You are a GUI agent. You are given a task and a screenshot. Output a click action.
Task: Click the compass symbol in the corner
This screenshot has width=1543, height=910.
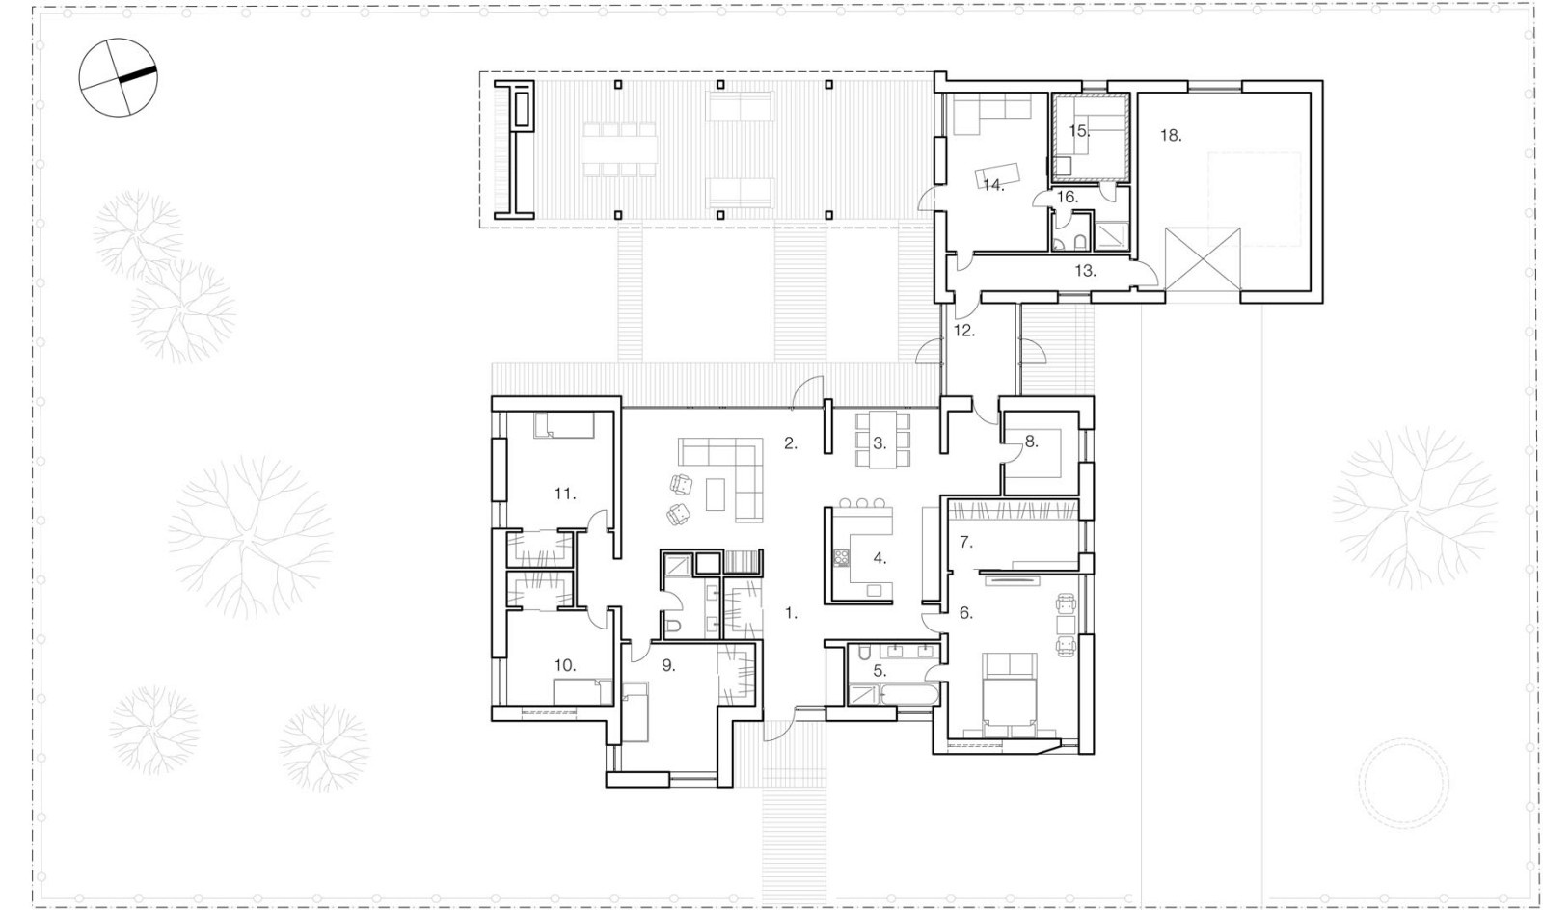tap(119, 77)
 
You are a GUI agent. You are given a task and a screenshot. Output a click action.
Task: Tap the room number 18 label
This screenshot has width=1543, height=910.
tap(1171, 136)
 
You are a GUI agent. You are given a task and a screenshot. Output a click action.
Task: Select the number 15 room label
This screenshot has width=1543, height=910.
tap(1079, 131)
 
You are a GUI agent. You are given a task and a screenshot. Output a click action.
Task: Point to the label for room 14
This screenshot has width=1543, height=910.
tap(993, 185)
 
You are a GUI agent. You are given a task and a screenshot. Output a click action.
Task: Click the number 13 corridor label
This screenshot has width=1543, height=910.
tap(1086, 271)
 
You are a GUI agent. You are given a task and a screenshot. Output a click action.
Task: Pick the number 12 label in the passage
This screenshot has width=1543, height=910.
tap(964, 331)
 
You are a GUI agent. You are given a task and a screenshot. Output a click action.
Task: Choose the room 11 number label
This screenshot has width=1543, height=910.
tap(565, 494)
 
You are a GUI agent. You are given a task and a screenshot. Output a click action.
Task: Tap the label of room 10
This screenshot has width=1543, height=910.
tap(565, 666)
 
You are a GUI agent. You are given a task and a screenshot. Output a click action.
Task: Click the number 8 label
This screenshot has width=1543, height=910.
tap(1031, 442)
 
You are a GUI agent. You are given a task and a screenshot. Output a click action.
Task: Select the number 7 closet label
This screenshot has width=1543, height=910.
tap(966, 543)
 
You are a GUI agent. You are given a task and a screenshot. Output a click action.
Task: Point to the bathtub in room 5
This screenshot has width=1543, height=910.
tap(908, 694)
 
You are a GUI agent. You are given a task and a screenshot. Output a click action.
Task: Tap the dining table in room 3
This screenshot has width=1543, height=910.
tap(882, 440)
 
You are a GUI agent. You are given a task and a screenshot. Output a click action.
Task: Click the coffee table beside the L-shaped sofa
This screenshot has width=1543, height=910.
tap(716, 495)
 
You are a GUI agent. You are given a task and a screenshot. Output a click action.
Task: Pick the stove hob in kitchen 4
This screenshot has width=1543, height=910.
tap(841, 557)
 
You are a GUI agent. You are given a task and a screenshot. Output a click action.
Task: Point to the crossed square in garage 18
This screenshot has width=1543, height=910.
tap(1203, 258)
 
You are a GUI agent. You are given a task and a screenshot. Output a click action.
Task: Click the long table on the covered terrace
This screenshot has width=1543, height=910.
tap(619, 150)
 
